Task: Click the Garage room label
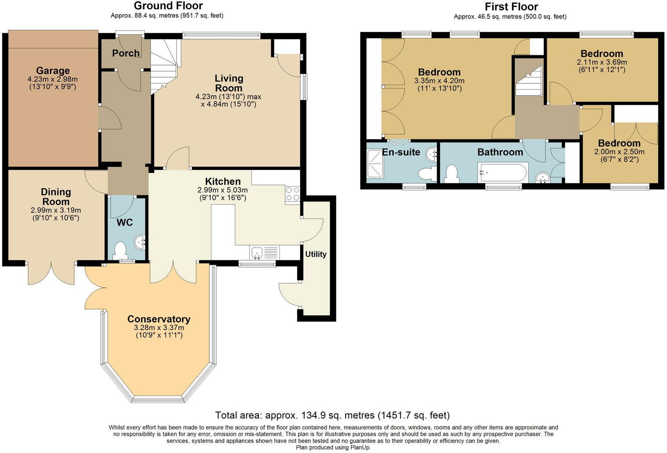(53, 71)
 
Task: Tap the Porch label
(126, 53)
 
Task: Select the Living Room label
(229, 83)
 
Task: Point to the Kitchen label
(223, 181)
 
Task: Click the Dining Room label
(56, 197)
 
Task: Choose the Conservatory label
(159, 319)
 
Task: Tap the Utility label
(316, 254)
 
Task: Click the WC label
(125, 223)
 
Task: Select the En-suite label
(401, 152)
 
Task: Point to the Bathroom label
(500, 152)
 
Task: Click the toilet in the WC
(120, 251)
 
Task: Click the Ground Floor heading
(168, 6)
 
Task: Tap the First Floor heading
(511, 7)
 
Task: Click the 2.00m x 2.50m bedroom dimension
(619, 152)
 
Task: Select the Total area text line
(332, 415)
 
